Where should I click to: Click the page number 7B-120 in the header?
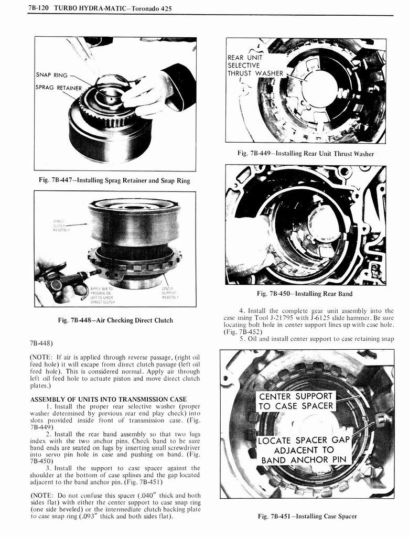tap(40, 9)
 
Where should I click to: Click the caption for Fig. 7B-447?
tap(115, 180)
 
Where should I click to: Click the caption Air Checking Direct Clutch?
tap(115, 320)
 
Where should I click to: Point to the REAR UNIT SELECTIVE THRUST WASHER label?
tap(255, 66)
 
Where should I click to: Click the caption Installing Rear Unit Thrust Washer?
tap(305, 154)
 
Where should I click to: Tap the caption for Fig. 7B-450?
tap(305, 294)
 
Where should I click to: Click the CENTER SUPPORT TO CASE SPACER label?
tap(296, 401)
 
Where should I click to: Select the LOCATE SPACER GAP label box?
tap(304, 450)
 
